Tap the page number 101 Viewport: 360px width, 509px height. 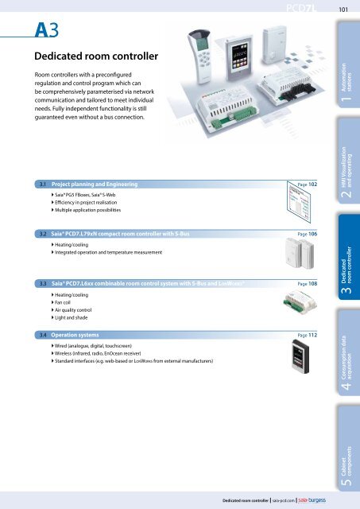point(344,10)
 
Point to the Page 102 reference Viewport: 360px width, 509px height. point(305,184)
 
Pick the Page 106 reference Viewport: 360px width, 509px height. point(305,235)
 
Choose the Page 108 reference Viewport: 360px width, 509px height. point(305,283)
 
